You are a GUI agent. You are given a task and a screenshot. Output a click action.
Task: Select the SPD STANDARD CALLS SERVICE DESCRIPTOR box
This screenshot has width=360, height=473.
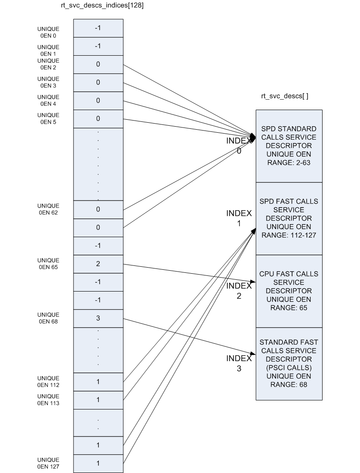coord(289,146)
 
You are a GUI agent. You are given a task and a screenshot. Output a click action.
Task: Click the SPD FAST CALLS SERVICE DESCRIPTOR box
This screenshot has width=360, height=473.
coord(289,218)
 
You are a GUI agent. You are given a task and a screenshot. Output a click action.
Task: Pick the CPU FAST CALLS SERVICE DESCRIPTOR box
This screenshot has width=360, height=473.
coord(289,291)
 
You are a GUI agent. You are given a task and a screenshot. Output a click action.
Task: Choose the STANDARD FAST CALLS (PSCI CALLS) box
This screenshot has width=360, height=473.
coord(289,363)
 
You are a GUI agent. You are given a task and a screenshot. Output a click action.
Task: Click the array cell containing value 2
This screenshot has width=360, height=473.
coord(98,264)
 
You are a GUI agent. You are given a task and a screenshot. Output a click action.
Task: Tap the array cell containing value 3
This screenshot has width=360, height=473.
coord(98,318)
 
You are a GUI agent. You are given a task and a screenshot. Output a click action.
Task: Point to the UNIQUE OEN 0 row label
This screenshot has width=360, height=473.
coord(48,33)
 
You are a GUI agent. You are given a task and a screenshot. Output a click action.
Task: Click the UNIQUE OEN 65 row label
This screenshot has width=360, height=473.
coord(48,264)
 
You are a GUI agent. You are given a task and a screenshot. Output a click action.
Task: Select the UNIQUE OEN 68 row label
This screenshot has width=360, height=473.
coord(48,318)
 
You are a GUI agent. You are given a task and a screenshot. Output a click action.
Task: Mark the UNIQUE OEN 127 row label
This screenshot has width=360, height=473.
coord(48,463)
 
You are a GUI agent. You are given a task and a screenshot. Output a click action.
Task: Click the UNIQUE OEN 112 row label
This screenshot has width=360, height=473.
coord(48,382)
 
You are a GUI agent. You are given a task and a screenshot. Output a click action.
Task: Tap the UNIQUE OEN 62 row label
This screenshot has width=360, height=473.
coord(48,209)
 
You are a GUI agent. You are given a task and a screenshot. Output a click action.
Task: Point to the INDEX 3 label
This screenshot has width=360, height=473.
coord(239,363)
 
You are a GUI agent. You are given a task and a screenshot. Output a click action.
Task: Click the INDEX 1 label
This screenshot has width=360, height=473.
coord(239,218)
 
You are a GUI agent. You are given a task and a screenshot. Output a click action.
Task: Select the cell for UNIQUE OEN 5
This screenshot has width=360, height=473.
coord(98,118)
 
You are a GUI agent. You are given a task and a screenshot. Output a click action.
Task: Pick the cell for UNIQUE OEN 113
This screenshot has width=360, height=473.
coord(98,399)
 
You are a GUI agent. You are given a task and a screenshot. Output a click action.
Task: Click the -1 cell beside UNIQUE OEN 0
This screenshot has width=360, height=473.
coord(98,28)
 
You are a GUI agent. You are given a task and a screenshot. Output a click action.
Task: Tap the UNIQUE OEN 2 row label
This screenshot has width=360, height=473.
coord(48,64)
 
